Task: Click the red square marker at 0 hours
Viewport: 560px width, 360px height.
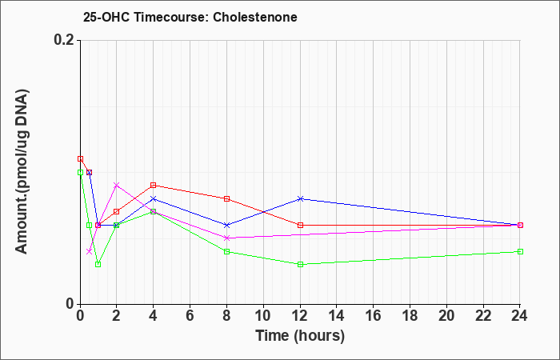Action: click(80, 159)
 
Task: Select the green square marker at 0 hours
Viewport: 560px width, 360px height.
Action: click(80, 172)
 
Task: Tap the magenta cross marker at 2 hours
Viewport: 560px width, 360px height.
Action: click(117, 185)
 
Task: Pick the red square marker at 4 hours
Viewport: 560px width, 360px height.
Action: click(154, 185)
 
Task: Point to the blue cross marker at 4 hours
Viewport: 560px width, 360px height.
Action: click(154, 198)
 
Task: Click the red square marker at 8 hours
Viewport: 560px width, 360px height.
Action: click(226, 198)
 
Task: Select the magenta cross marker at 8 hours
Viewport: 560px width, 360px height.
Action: click(226, 238)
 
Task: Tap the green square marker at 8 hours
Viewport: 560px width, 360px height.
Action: click(226, 251)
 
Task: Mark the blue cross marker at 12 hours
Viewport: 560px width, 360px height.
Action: click(300, 198)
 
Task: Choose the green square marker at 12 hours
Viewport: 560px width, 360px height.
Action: click(300, 264)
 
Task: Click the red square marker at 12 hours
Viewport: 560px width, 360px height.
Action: click(300, 225)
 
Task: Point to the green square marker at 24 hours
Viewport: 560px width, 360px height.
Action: click(520, 251)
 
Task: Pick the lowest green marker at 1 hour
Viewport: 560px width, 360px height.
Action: click(98, 264)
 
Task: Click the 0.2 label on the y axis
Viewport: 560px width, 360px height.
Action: click(64, 40)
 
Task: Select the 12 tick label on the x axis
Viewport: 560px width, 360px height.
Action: click(300, 316)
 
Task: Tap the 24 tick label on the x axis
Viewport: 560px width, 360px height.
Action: click(520, 316)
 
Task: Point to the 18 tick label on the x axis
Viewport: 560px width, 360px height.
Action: click(410, 316)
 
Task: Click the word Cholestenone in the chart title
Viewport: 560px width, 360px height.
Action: click(255, 17)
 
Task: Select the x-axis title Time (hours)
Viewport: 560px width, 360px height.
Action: click(300, 336)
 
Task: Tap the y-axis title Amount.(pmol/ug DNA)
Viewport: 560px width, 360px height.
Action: click(22, 172)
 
